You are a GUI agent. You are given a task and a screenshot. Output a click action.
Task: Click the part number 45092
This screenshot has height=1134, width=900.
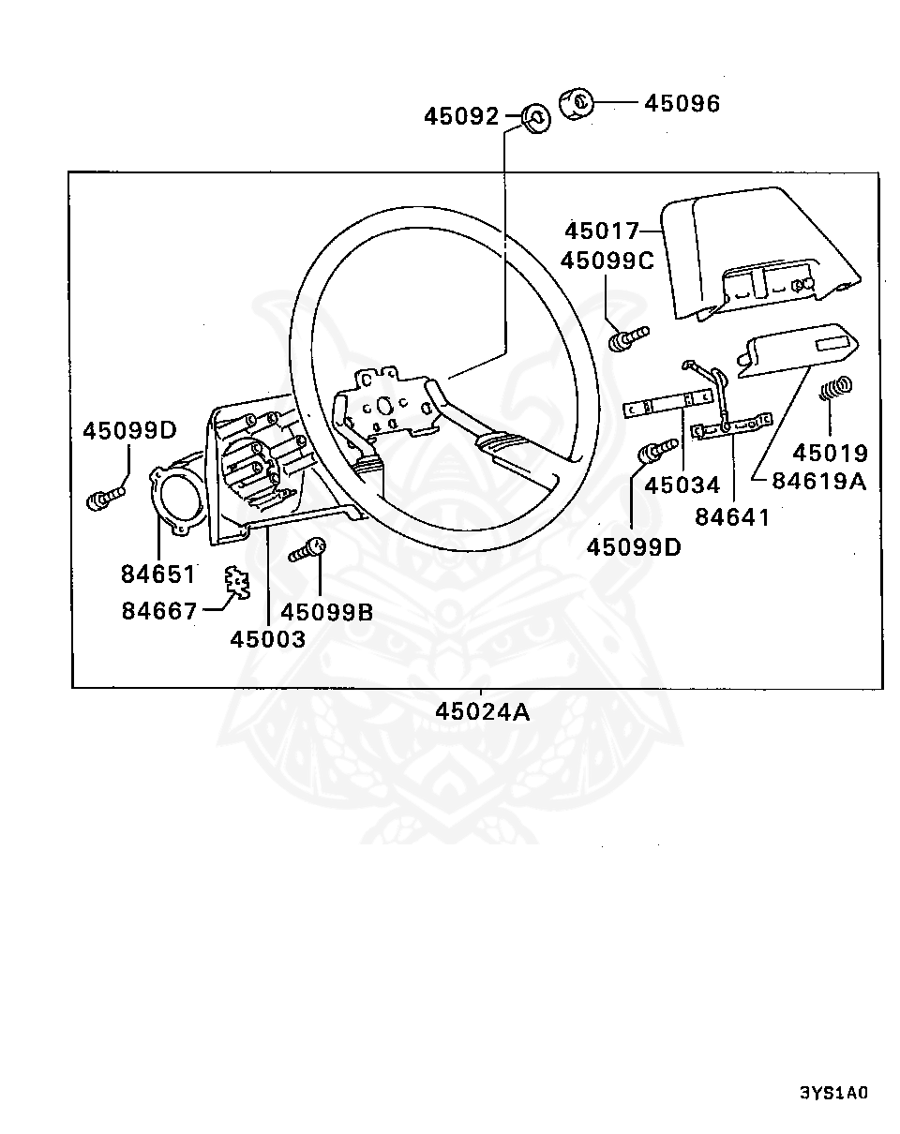(461, 116)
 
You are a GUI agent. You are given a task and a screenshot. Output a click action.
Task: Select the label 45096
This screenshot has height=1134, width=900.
(682, 104)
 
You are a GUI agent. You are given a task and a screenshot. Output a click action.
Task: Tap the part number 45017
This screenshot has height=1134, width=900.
(602, 231)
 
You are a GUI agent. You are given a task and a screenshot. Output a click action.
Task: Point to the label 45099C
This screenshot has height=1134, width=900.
(607, 261)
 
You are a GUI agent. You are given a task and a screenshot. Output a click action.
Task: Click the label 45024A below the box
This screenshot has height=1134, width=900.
(483, 712)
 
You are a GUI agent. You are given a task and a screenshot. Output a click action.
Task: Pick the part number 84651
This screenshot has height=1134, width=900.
(158, 574)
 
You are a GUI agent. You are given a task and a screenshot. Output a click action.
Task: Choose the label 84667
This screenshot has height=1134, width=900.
(159, 611)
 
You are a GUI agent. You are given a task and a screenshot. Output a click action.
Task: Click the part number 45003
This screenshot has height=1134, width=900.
(268, 639)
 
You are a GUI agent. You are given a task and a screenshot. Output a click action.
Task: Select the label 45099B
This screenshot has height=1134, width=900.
(327, 612)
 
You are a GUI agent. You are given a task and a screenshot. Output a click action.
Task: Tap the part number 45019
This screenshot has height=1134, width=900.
(830, 454)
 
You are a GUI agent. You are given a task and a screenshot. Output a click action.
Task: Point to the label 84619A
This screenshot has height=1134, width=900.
(819, 481)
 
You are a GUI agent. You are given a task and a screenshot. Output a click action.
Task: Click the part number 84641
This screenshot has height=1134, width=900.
(732, 517)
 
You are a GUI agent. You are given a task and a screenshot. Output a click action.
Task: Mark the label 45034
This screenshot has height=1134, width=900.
(682, 485)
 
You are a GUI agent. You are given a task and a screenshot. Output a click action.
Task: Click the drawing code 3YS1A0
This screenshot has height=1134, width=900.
(833, 1093)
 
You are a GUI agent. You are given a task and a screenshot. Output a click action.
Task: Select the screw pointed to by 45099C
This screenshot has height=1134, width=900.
(628, 338)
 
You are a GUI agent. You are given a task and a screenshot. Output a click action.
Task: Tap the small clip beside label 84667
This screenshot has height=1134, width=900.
(238, 582)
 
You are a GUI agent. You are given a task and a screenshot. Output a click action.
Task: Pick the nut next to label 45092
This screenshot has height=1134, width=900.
(535, 118)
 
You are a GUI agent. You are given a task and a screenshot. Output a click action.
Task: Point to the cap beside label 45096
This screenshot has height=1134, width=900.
(577, 103)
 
